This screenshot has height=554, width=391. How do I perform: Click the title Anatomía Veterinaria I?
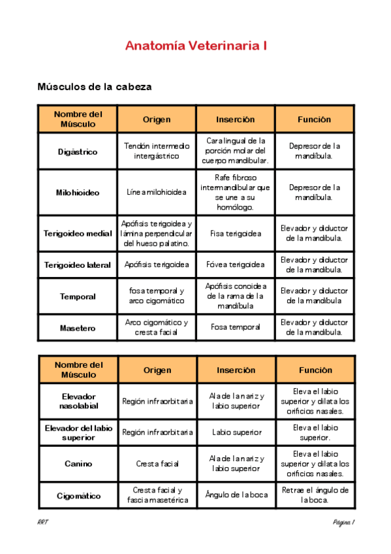195,46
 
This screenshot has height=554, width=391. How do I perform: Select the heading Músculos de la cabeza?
95,86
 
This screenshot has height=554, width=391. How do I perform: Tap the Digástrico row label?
78,152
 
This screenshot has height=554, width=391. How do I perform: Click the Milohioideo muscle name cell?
78,192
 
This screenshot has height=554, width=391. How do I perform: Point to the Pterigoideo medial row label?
78,233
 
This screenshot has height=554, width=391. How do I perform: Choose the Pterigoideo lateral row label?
78,265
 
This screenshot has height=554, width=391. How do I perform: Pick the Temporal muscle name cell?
78,296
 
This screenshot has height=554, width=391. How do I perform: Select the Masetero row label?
78,327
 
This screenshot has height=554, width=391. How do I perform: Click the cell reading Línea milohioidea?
157,192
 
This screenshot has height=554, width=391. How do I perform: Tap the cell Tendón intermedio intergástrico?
157,152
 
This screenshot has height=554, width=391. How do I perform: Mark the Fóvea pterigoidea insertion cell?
236,265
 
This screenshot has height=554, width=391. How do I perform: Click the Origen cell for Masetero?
157,327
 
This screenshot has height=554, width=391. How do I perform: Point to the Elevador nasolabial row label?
78,401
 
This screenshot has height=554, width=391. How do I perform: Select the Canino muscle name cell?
78,464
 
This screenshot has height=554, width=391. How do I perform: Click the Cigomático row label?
78,496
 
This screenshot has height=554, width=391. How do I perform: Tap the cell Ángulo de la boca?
236,495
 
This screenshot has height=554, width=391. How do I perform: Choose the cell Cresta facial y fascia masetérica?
157,495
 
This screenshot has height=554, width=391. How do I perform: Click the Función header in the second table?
315,370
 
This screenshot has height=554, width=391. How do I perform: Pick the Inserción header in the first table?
236,120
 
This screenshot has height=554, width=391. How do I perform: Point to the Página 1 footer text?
343,523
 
